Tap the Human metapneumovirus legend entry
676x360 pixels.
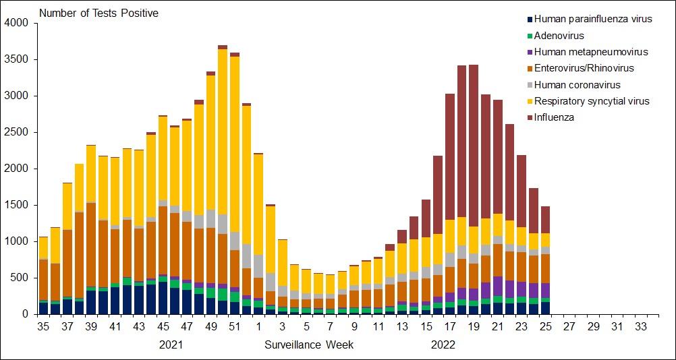click(590, 52)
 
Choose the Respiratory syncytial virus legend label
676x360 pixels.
click(591, 101)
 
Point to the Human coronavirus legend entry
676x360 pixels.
click(577, 85)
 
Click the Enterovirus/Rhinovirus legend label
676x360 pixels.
click(584, 68)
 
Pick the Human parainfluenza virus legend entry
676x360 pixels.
click(593, 19)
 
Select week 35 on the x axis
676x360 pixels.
click(43, 326)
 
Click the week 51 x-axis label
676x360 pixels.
click(234, 326)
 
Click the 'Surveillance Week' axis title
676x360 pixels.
click(309, 345)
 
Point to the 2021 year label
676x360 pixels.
click(171, 345)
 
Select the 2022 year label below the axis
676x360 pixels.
click(443, 345)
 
